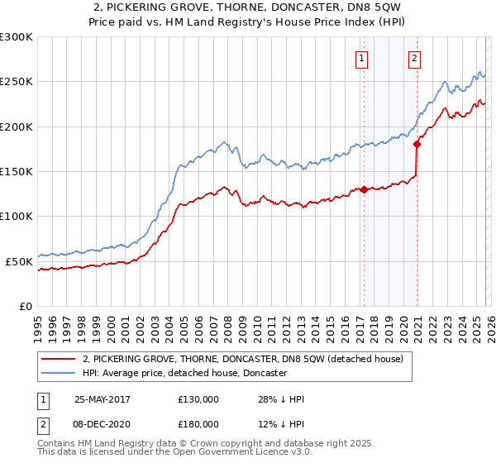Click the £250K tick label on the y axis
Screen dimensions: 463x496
click(x=17, y=82)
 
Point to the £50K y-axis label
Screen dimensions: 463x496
click(x=19, y=261)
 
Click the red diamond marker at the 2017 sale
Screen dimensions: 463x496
click(x=364, y=189)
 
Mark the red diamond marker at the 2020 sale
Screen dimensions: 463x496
click(x=417, y=145)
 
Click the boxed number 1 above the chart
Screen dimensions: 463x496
click(x=363, y=58)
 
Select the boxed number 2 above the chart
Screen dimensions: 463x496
click(x=414, y=58)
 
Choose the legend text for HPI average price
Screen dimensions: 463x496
click(x=184, y=374)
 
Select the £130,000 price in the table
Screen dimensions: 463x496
click(x=198, y=399)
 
